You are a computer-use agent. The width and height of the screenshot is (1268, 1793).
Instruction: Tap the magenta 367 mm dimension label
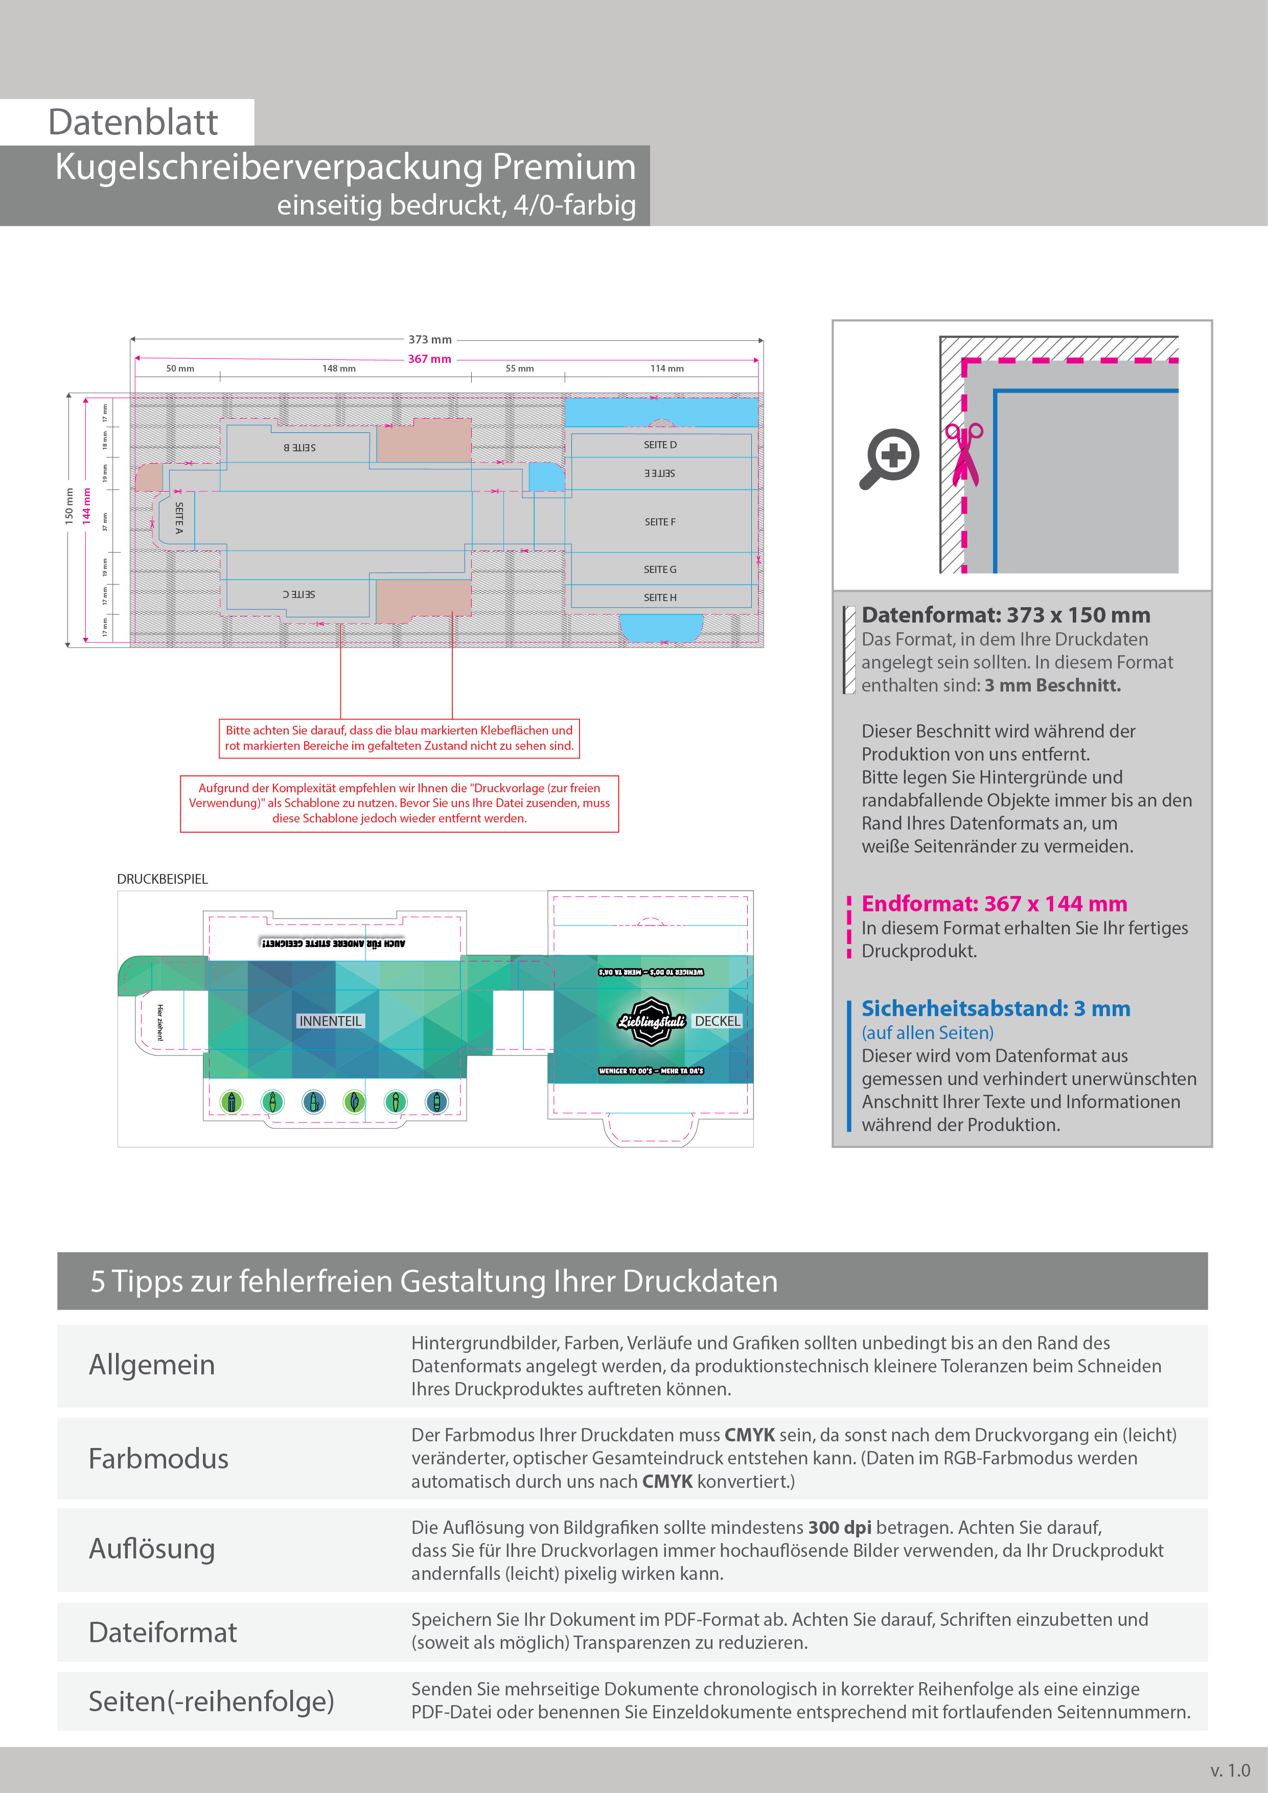[429, 359]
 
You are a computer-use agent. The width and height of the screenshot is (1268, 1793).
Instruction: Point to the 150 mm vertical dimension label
[68, 505]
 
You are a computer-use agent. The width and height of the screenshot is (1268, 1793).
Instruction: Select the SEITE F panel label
[660, 522]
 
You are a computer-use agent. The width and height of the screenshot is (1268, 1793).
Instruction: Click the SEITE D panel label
[660, 444]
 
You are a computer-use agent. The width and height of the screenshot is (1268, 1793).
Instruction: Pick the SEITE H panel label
[660, 597]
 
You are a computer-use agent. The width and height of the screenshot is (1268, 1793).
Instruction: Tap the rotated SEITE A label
[179, 518]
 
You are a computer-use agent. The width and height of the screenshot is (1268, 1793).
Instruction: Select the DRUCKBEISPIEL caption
[163, 879]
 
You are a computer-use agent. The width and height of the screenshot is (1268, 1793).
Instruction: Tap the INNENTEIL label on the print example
[330, 1021]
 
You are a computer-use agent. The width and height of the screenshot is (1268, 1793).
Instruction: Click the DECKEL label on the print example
[717, 1021]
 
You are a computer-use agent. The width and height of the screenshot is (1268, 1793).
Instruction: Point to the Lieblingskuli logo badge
[651, 1021]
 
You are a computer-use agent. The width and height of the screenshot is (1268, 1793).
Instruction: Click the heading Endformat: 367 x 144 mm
[994, 904]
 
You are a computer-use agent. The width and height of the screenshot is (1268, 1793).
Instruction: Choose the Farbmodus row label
[158, 1459]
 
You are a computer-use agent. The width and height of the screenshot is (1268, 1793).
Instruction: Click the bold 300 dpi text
[839, 1528]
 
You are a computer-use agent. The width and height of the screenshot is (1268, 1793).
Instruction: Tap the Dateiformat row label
[163, 1632]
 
